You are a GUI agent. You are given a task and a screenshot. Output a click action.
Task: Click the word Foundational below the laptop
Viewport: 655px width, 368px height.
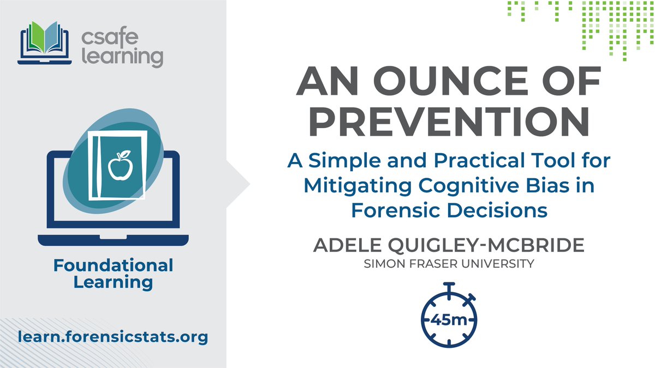[x=113, y=266]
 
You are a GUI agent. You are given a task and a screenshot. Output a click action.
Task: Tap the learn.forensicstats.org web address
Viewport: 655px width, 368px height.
[x=112, y=337]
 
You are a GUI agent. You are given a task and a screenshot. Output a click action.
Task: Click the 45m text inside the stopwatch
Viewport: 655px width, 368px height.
[x=449, y=320]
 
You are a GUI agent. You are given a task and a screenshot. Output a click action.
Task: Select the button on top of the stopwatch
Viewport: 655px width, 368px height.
[x=449, y=286]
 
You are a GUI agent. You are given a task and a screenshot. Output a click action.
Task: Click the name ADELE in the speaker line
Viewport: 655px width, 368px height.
[x=344, y=245]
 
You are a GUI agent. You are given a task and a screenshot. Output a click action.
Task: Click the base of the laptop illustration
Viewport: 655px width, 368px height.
[x=113, y=240]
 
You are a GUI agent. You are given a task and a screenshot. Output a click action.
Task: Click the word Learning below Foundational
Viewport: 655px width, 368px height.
[x=113, y=282]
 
